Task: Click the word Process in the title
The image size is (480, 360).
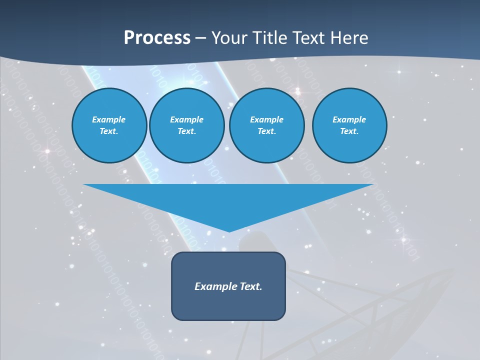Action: click(x=157, y=38)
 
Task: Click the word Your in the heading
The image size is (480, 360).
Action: click(x=229, y=38)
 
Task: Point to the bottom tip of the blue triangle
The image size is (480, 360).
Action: click(x=229, y=231)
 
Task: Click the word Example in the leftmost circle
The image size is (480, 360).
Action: click(x=109, y=119)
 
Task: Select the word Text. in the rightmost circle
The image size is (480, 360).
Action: click(x=349, y=131)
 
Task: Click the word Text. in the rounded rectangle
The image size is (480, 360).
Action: click(x=250, y=286)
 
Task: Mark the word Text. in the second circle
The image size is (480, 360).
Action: click(x=186, y=131)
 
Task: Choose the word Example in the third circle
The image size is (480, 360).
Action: click(x=266, y=119)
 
